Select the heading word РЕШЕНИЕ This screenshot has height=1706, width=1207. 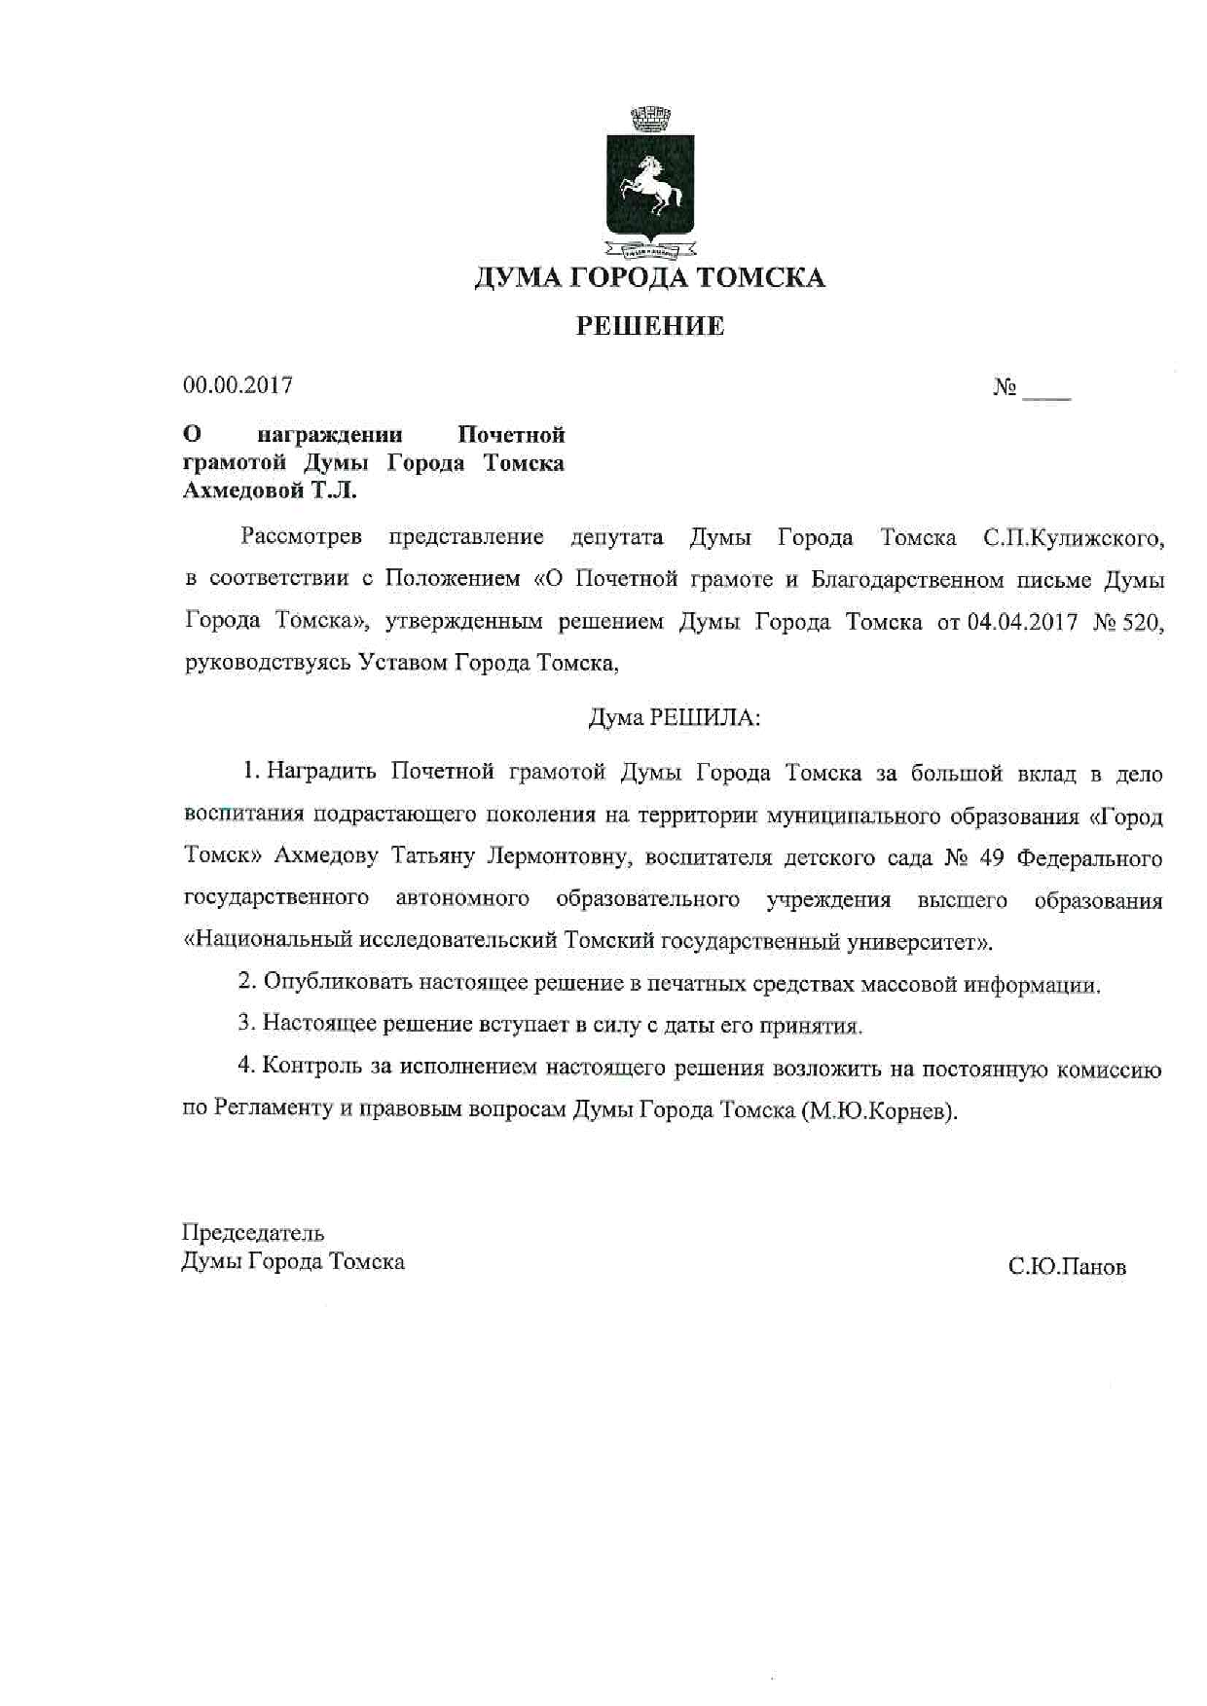tap(650, 326)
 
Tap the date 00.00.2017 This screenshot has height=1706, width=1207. tap(238, 385)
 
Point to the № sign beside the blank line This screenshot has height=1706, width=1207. tap(1005, 388)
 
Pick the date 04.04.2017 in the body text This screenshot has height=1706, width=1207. tap(1022, 623)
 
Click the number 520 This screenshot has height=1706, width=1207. tap(1143, 623)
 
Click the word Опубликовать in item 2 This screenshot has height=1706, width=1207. tap(338, 982)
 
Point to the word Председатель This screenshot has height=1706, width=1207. tap(253, 1233)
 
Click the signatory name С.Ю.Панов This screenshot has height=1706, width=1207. tap(1067, 1267)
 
